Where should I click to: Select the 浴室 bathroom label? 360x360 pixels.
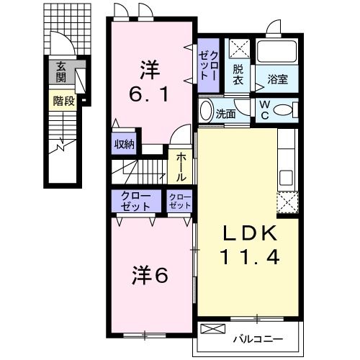[277, 79]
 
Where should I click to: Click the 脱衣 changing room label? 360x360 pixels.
[239, 76]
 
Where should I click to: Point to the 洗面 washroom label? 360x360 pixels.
[226, 112]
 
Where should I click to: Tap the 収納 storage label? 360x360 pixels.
[124, 144]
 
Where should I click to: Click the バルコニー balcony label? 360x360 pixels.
[257, 338]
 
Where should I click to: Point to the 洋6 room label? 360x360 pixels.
[150, 274]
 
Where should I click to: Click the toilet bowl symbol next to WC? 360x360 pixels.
[284, 110]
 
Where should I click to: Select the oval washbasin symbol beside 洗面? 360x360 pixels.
[205, 112]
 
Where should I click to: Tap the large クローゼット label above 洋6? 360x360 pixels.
[135, 200]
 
